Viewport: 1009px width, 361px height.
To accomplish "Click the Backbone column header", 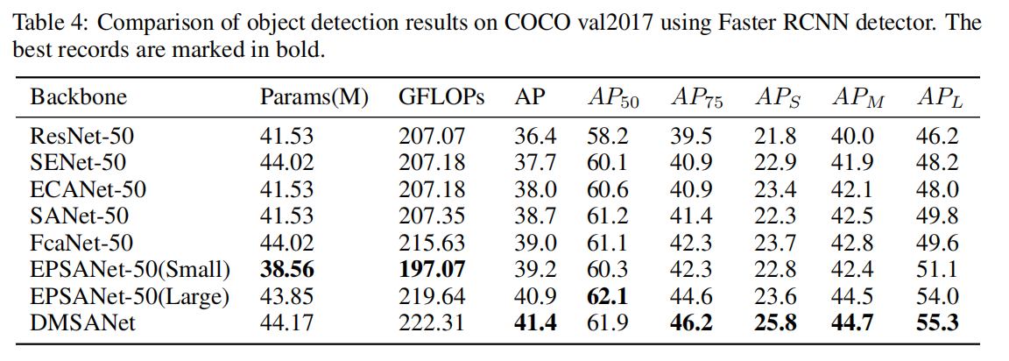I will pyautogui.click(x=79, y=97).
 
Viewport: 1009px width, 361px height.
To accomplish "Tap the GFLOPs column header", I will pyautogui.click(x=441, y=97).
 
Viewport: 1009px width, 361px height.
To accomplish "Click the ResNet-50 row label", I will pyautogui.click(x=83, y=136).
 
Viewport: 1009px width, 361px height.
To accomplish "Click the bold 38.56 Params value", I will pyautogui.click(x=286, y=268).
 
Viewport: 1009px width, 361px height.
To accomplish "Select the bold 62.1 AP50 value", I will pyautogui.click(x=605, y=295).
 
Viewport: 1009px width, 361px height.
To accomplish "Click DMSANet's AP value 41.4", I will pyautogui.click(x=534, y=322).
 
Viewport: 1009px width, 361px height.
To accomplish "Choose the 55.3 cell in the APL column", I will pyautogui.click(x=938, y=322).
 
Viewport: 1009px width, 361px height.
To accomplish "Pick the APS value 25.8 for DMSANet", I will pyautogui.click(x=775, y=322).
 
